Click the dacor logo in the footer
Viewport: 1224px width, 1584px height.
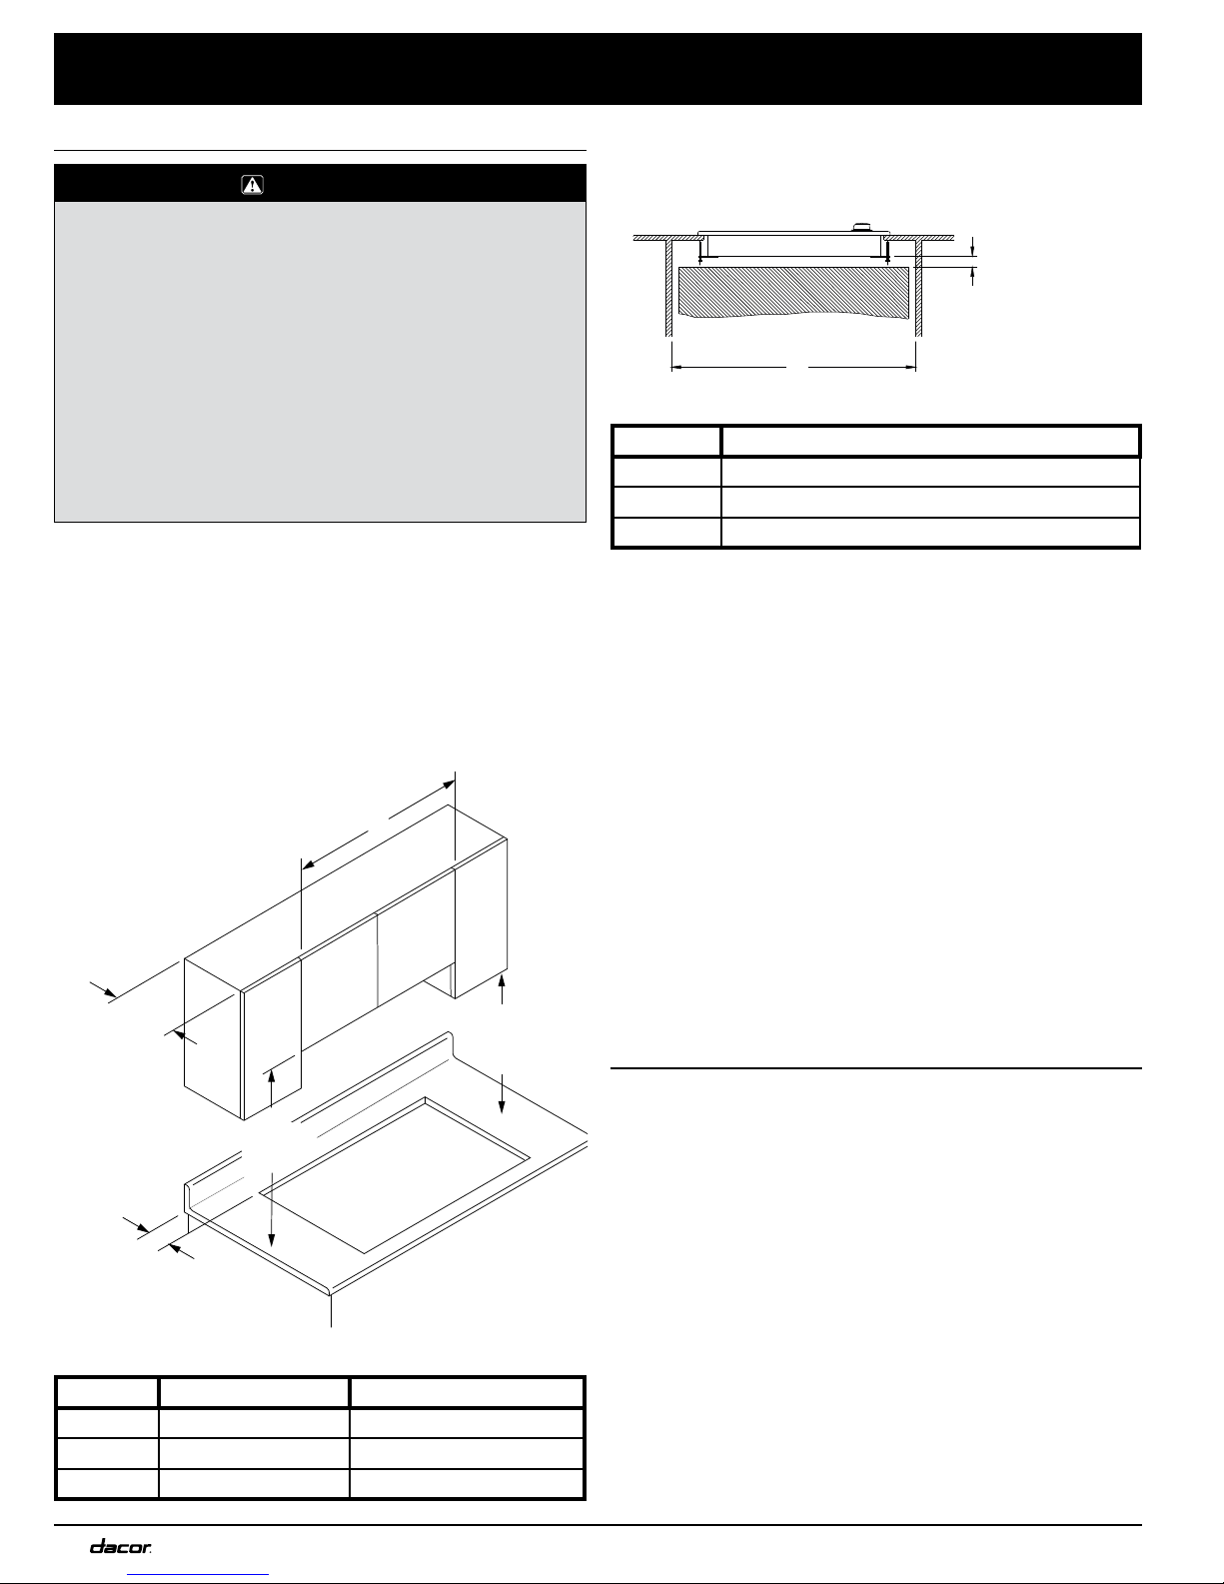click(x=121, y=1547)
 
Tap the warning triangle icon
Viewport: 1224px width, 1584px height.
click(x=252, y=185)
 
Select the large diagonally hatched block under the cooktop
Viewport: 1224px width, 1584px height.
click(x=793, y=291)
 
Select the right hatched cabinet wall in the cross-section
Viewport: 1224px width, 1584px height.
click(x=921, y=285)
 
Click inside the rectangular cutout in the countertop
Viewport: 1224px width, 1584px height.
click(x=395, y=1169)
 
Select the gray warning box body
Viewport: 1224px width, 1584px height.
click(x=319, y=361)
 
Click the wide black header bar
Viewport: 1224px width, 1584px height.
click(x=598, y=69)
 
